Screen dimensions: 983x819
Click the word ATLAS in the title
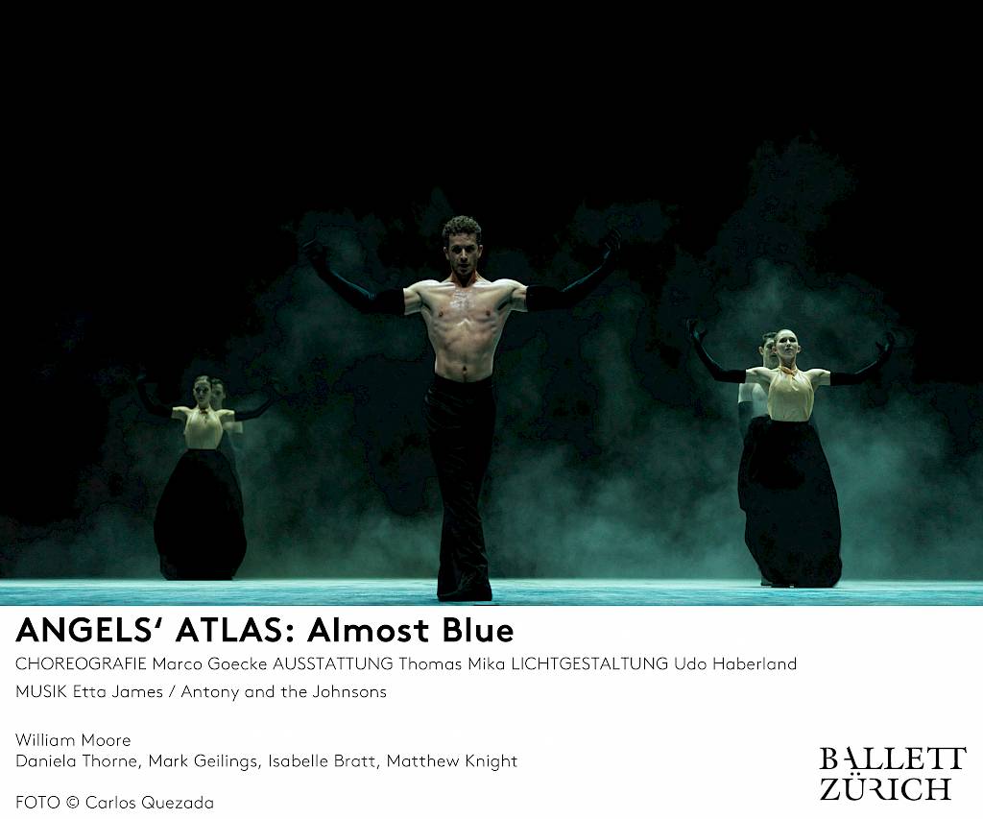pyautogui.click(x=229, y=630)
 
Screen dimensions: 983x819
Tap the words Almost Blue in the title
pyautogui.click(x=411, y=630)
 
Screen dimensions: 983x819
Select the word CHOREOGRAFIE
pyautogui.click(x=81, y=663)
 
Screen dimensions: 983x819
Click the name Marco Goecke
pyautogui.click(x=209, y=663)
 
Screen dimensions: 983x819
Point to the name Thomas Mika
pyautogui.click(x=451, y=663)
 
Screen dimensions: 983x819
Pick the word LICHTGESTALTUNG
pyautogui.click(x=589, y=663)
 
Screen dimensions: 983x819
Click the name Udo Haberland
pyautogui.click(x=735, y=663)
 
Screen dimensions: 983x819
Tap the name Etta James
pyautogui.click(x=118, y=691)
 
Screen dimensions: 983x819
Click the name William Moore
pyautogui.click(x=73, y=740)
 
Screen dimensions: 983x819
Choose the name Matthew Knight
pyautogui.click(x=452, y=761)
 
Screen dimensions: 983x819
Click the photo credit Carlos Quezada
pyautogui.click(x=149, y=803)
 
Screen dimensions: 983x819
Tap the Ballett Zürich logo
pyautogui.click(x=892, y=773)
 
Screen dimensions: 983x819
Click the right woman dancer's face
pyautogui.click(x=784, y=346)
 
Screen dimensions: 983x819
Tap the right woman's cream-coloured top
pyautogui.click(x=790, y=394)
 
